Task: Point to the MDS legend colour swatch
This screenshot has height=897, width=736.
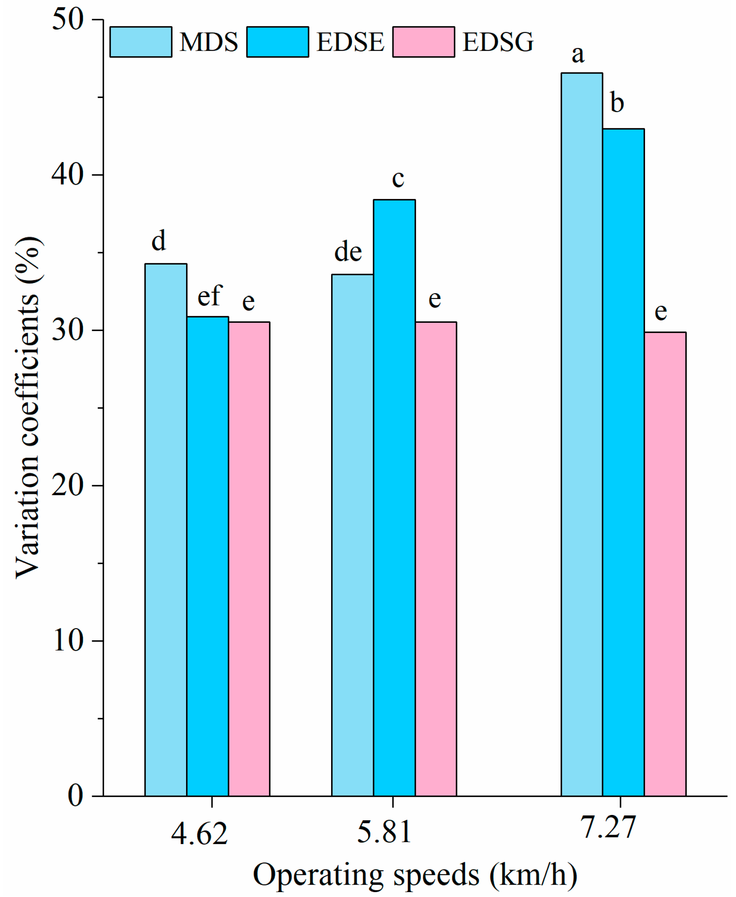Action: tap(141, 42)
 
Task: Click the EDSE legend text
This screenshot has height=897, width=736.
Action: tap(350, 42)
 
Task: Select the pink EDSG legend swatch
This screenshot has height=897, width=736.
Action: tap(424, 42)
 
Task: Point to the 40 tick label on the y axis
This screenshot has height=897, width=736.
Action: tap(67, 174)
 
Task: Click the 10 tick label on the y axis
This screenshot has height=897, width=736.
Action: tap(67, 641)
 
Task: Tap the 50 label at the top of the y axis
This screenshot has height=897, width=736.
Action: tap(67, 20)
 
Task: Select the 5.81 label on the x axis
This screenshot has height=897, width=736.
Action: tap(384, 832)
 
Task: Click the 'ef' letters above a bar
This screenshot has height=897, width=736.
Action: tap(210, 296)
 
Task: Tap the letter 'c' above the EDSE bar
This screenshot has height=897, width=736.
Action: tap(398, 179)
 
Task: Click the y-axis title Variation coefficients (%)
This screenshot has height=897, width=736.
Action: tap(29, 407)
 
